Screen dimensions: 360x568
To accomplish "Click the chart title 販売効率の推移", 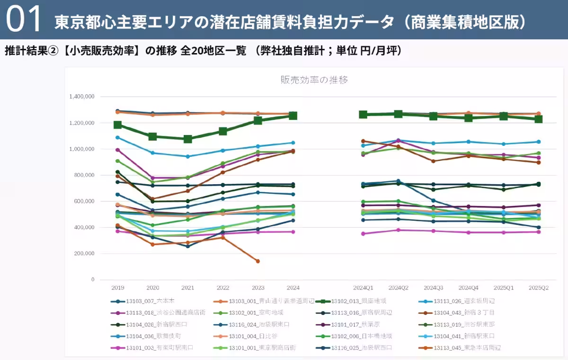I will click(314, 80).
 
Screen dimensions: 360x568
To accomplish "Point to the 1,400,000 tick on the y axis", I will click(82, 97).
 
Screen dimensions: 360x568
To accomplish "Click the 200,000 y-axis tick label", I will click(83, 253).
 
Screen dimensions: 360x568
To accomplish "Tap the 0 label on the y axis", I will click(93, 279).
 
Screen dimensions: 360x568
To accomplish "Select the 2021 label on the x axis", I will click(188, 288).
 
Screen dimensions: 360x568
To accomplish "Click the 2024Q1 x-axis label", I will click(363, 288).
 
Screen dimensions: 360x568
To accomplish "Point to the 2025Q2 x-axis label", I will click(538, 288).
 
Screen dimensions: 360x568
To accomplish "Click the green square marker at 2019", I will click(118, 125).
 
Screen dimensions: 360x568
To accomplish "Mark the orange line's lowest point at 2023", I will click(258, 261).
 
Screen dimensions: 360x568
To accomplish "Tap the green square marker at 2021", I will click(188, 139).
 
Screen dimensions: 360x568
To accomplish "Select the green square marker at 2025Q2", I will click(538, 119).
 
